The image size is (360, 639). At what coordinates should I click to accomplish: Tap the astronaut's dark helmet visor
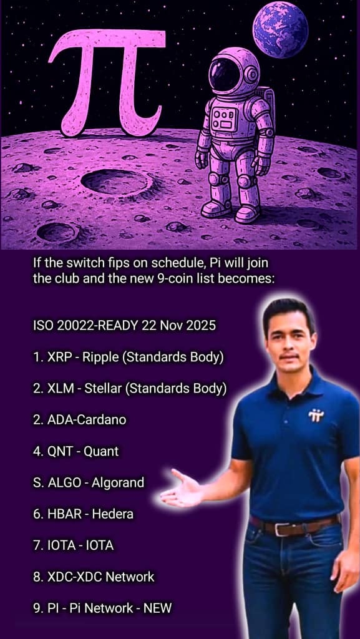tap(225, 75)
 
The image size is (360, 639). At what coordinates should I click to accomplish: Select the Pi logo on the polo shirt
tap(316, 415)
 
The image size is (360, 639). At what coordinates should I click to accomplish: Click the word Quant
tap(101, 451)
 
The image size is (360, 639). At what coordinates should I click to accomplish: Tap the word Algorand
tap(118, 483)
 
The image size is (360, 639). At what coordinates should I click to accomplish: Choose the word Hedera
tap(113, 514)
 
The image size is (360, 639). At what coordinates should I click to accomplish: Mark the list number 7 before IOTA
tap(37, 545)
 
